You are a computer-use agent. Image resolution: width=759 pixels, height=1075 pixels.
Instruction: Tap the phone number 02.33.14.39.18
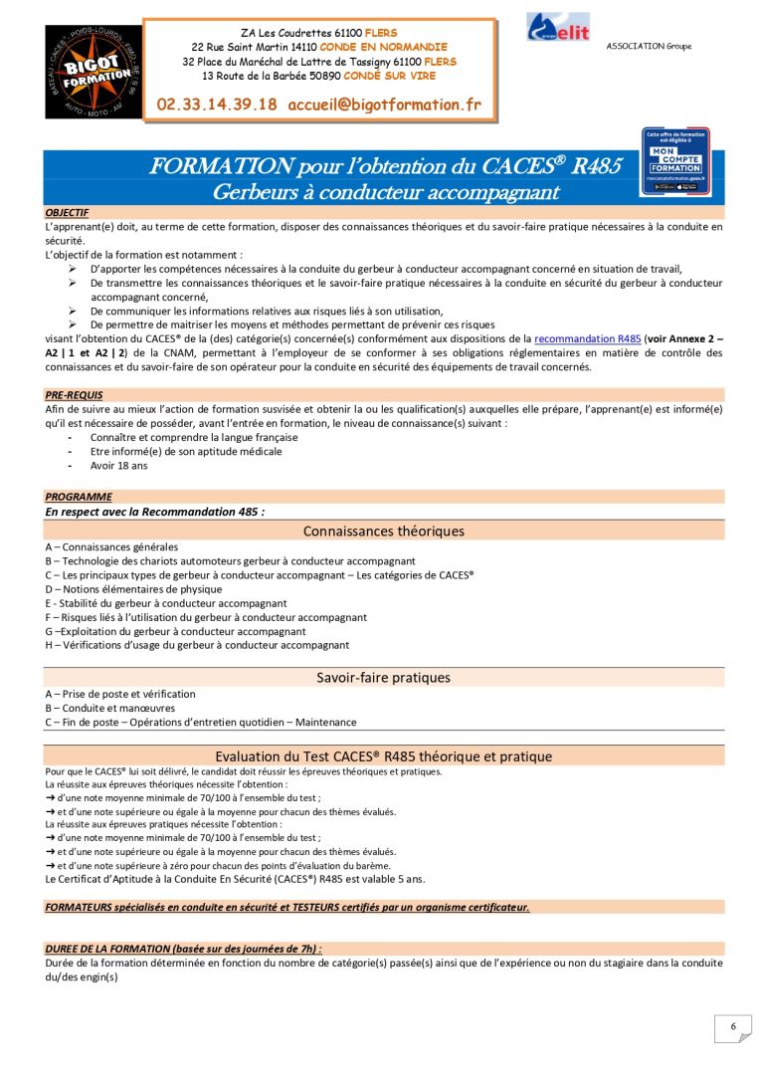[x=217, y=104]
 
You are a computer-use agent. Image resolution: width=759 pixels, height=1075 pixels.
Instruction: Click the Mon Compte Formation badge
[x=675, y=160]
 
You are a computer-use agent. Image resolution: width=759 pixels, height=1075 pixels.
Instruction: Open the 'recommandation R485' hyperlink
[x=588, y=339]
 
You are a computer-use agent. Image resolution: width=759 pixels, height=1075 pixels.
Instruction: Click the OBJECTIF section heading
[x=67, y=212]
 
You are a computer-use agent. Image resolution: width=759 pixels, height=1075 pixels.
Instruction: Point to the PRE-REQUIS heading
[x=74, y=395]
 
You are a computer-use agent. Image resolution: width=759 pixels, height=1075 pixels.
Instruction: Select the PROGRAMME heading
[x=79, y=497]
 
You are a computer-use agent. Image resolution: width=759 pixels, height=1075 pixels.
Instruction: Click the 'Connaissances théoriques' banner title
[x=383, y=531]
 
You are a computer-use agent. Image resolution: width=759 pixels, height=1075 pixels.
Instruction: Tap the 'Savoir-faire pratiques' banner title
[x=383, y=678]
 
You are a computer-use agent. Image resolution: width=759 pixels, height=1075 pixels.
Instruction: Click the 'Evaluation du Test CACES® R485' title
[x=383, y=756]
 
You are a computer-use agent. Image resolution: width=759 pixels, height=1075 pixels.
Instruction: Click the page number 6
[x=733, y=1027]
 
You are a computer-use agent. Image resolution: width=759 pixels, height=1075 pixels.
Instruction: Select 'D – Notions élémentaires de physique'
[x=133, y=589]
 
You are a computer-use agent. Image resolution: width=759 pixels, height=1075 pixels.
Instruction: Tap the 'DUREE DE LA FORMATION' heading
[x=183, y=950]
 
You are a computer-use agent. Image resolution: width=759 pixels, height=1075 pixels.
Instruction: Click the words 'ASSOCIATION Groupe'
[x=649, y=46]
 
